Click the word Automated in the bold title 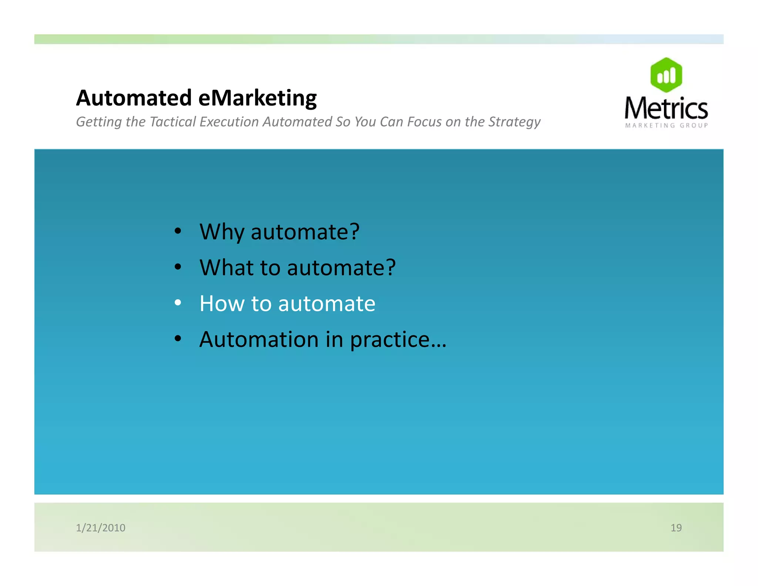click(x=134, y=98)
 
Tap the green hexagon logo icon click(x=666, y=75)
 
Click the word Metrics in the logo click(x=666, y=108)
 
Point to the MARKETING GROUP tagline click(x=666, y=126)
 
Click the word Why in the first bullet click(x=222, y=232)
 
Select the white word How click(x=222, y=304)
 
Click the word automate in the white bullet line click(x=326, y=304)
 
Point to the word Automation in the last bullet click(x=259, y=339)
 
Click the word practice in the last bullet click(x=389, y=340)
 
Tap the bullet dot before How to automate click(x=178, y=303)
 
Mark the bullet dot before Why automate click(x=178, y=231)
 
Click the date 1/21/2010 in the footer click(x=101, y=527)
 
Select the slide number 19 click(x=676, y=527)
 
